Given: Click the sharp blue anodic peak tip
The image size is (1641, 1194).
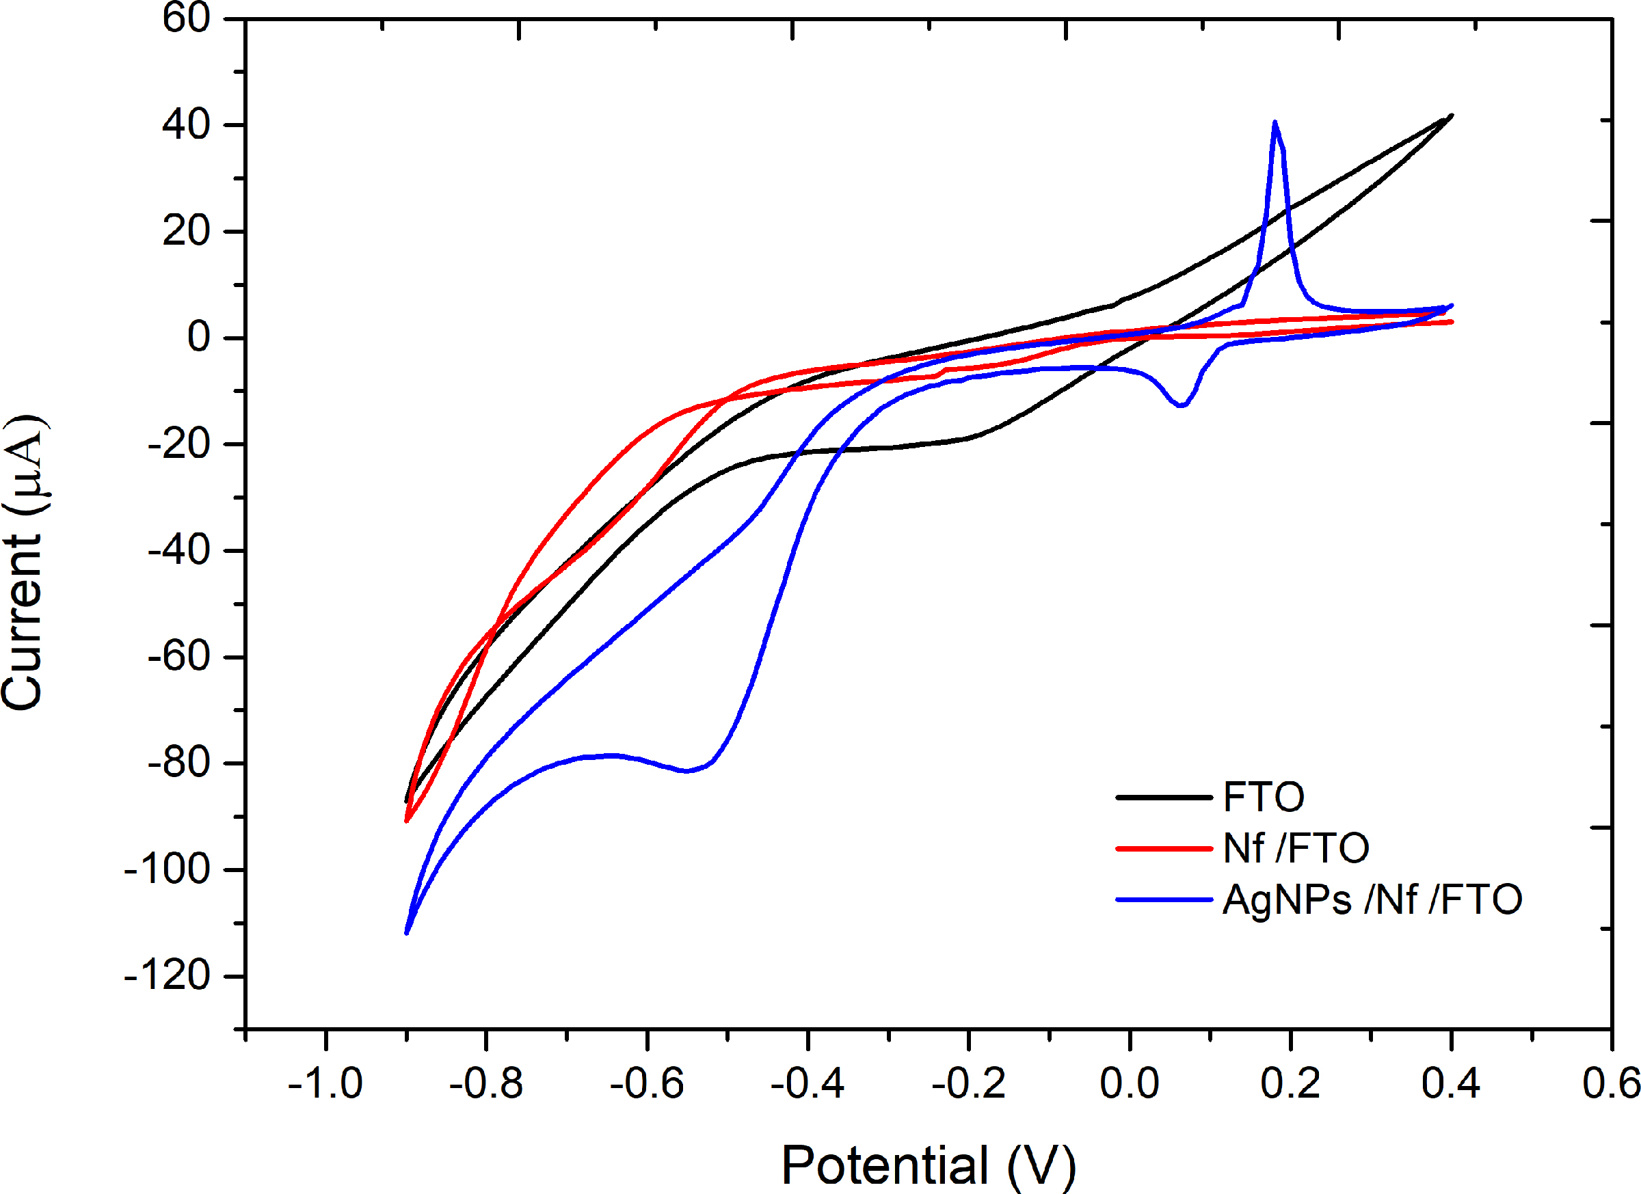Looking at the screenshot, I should click(1275, 122).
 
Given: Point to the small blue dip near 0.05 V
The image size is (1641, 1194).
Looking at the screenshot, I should click(1181, 406).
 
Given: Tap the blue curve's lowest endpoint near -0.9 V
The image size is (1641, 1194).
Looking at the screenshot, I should click(407, 933).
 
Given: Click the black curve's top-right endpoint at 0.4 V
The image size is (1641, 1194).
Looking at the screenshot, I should click(1452, 116).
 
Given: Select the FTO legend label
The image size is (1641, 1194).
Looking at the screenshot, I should click(1264, 797).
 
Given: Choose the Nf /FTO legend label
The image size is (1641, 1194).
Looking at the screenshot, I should click(1295, 847).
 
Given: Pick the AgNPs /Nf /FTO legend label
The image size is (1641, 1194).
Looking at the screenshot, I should click(1372, 899).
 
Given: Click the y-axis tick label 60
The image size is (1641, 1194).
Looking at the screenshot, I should click(186, 17).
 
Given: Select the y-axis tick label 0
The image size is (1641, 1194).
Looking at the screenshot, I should click(198, 337).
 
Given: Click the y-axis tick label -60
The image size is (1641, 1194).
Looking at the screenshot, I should click(178, 657).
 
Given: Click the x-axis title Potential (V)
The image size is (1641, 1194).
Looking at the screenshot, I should click(929, 1165).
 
